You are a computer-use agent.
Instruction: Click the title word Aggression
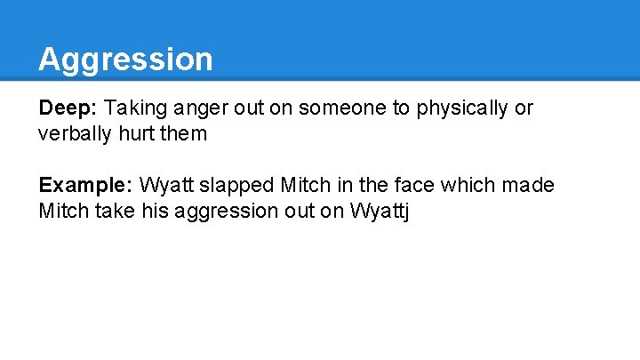(125, 60)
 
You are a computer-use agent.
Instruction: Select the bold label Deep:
(68, 108)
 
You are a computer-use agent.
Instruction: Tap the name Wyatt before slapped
(163, 186)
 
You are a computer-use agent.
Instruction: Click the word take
(115, 212)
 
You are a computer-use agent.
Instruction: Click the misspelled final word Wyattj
(380, 212)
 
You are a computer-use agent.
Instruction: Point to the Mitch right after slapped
(304, 186)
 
